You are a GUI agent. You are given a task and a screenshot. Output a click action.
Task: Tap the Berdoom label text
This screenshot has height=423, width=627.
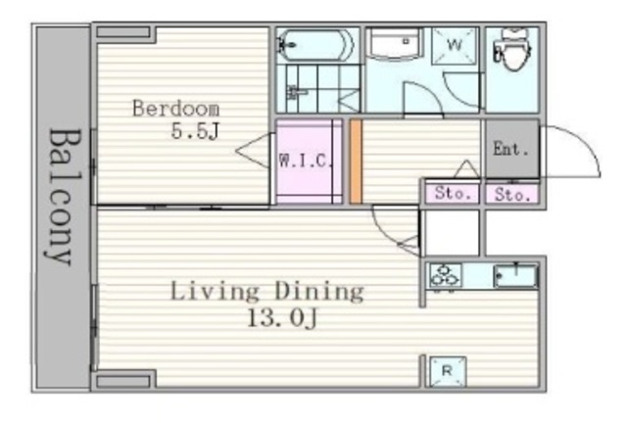176,109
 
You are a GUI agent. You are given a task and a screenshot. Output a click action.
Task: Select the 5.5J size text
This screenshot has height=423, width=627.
195,131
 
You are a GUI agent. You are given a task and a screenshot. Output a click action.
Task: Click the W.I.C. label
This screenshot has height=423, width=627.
306,161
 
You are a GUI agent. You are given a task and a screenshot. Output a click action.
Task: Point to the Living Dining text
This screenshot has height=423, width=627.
267,292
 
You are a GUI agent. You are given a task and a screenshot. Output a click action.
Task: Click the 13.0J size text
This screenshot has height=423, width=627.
282,318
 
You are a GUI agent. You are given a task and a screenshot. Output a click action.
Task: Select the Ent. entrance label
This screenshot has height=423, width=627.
510,149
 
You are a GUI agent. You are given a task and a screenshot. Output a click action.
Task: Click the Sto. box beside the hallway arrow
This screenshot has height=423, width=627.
453,194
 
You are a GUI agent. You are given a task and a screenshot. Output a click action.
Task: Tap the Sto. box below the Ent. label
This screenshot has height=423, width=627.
512,194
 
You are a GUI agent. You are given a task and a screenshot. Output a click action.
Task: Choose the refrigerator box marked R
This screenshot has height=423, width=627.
448,371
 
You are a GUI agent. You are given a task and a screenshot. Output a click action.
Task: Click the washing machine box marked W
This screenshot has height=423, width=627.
455,45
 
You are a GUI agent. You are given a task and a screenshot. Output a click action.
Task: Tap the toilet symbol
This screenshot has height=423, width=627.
512,49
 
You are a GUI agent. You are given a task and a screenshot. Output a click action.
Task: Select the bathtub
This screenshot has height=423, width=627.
315,45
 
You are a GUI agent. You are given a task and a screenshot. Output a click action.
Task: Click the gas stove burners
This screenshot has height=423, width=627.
445,276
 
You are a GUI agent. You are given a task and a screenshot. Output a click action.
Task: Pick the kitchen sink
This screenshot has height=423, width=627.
515,276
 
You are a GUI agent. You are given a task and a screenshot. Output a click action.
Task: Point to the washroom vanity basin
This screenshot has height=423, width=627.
395,43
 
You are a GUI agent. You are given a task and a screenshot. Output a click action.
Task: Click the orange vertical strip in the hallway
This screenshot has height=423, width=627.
356,162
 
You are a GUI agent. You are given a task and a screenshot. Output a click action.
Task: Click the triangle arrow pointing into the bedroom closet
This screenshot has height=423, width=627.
253,151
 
